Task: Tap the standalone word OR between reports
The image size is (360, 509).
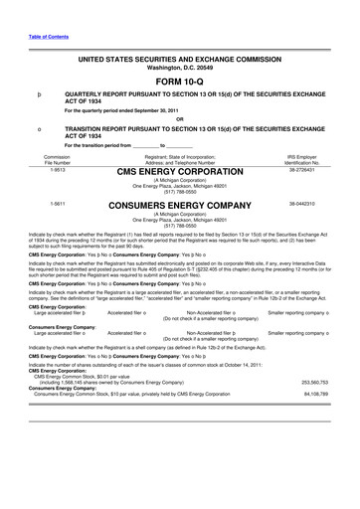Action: (x=180, y=121)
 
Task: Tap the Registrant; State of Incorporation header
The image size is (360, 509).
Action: (x=180, y=154)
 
